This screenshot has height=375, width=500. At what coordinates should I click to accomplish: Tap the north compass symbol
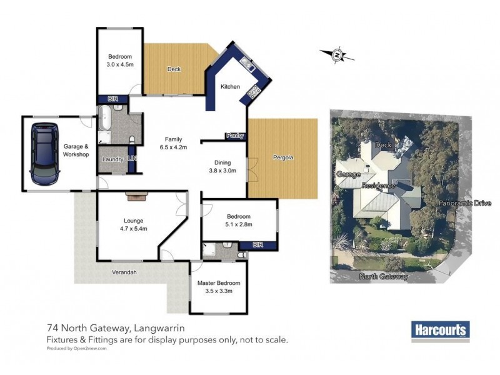337,55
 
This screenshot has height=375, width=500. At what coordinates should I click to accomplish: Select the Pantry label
236,135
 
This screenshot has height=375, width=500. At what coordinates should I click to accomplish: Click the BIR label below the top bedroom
113,99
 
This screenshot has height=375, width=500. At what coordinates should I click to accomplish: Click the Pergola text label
283,157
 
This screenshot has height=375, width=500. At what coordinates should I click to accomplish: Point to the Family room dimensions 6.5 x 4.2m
173,147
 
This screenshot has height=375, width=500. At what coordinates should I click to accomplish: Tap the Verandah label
124,272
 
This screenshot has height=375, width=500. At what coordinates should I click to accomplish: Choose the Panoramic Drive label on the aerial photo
465,203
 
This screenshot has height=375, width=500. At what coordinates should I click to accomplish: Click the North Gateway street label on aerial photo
384,276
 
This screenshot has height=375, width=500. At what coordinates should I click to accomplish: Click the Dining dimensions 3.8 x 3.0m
222,169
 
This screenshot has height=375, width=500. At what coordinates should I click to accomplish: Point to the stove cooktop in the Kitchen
254,92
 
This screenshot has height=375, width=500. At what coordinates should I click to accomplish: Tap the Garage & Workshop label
76,151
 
